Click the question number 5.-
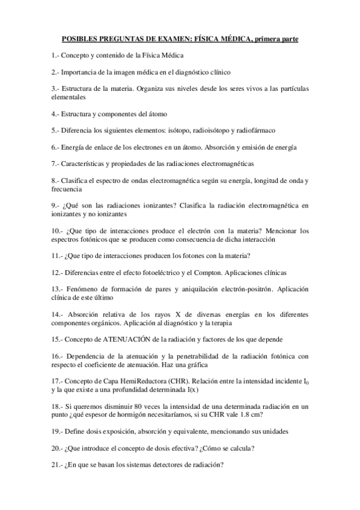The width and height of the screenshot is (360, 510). point(56,130)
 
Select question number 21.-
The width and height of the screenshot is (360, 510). point(57,464)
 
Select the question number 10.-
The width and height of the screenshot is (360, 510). point(57,230)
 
